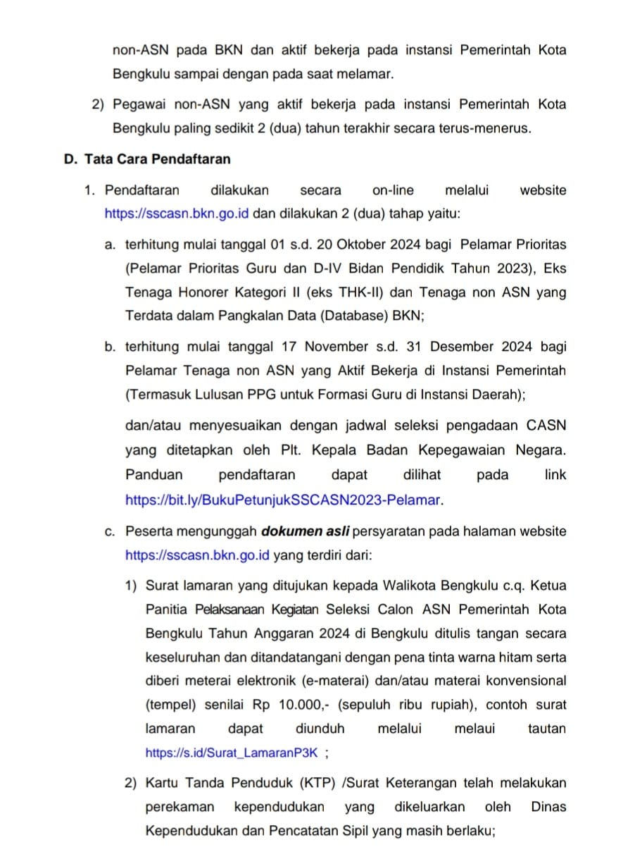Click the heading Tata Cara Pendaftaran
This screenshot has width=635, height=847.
(157, 159)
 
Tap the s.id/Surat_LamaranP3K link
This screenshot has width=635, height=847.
(232, 753)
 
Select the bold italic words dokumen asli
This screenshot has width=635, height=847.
(305, 531)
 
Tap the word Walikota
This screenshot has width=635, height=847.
(407, 585)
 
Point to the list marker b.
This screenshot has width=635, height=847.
(109, 346)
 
